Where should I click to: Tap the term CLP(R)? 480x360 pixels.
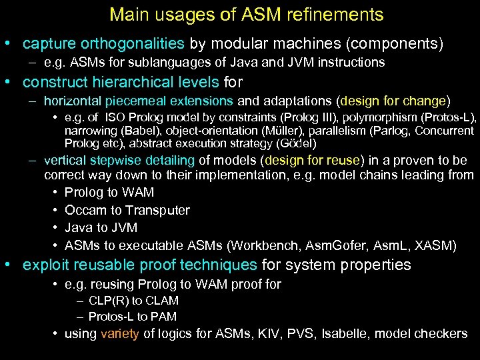coord(109,301)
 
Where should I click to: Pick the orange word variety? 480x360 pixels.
coord(120,334)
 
